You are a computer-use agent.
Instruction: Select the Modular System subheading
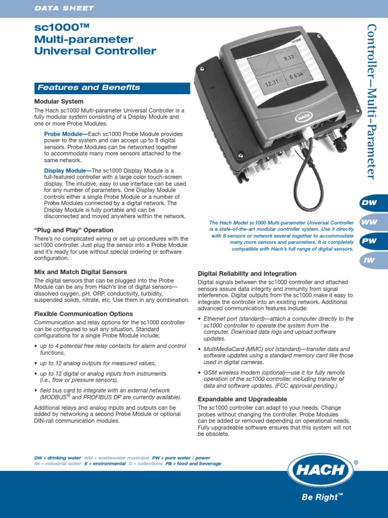pos(59,102)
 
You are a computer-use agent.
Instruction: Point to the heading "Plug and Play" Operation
pos(74,230)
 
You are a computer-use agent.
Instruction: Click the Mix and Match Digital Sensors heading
pos(80,272)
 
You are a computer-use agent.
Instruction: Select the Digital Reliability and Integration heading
pos(247,274)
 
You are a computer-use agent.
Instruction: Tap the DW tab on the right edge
pos(369,203)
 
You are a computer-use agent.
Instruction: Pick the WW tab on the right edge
pos(369,222)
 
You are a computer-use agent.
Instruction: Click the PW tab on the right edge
pos(369,241)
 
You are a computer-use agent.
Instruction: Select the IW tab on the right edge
pos(369,260)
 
